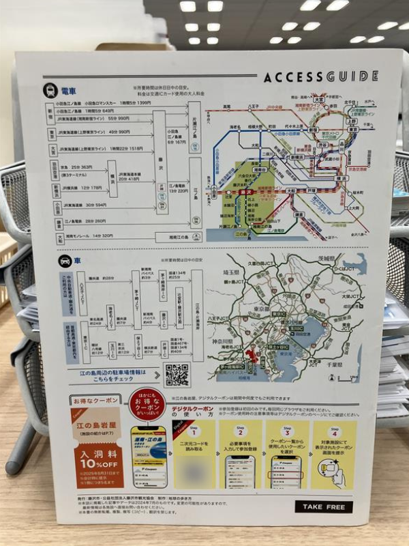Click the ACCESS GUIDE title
320,76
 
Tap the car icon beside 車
65,261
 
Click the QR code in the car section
177,374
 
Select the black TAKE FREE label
324,506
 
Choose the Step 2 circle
240,431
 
